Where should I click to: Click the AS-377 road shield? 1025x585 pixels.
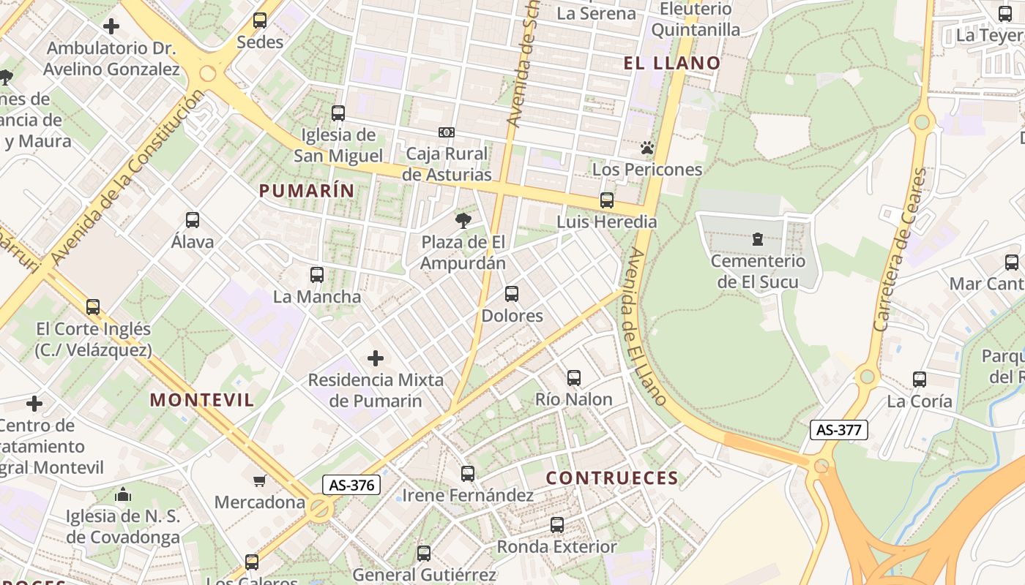click(x=838, y=430)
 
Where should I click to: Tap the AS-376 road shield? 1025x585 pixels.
click(x=351, y=485)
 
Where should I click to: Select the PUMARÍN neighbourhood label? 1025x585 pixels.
click(x=307, y=191)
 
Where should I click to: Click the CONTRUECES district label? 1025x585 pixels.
click(x=612, y=478)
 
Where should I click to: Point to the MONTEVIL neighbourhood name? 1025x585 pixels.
click(x=202, y=400)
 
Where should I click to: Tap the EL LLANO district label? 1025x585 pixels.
click(x=672, y=63)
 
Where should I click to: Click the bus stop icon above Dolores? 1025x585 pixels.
click(x=512, y=294)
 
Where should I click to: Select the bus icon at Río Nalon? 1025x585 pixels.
click(x=574, y=378)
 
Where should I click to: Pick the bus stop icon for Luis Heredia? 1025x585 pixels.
click(x=606, y=200)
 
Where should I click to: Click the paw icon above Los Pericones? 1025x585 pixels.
click(x=646, y=148)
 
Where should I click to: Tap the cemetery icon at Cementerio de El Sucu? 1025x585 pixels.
click(x=757, y=239)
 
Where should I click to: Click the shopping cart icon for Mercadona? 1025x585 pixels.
click(x=259, y=481)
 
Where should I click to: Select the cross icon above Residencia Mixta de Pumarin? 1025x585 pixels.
click(x=376, y=358)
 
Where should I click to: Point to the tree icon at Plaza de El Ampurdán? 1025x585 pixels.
click(x=463, y=220)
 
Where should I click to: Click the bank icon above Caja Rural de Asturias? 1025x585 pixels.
click(x=447, y=132)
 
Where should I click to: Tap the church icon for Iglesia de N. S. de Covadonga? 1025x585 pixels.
click(x=123, y=495)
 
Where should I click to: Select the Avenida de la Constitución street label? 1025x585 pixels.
click(x=127, y=177)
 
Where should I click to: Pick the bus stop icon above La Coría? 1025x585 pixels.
click(x=920, y=380)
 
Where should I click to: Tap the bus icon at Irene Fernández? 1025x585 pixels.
click(x=468, y=474)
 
